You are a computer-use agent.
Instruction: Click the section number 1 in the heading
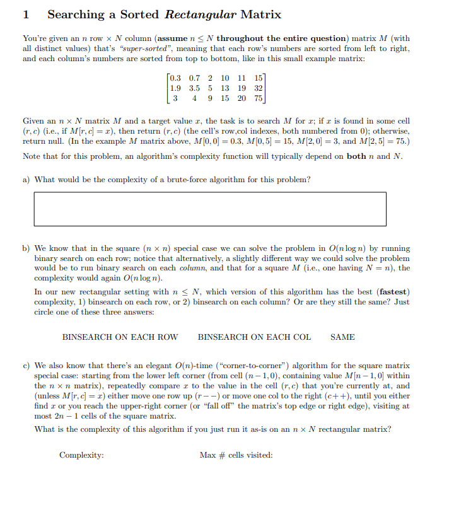click(26, 14)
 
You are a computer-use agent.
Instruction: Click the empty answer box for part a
click(210, 209)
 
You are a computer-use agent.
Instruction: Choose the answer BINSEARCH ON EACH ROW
click(120, 337)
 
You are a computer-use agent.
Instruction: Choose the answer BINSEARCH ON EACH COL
click(254, 337)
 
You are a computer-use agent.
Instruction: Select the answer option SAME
click(342, 337)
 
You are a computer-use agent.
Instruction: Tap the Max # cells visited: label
click(236, 455)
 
